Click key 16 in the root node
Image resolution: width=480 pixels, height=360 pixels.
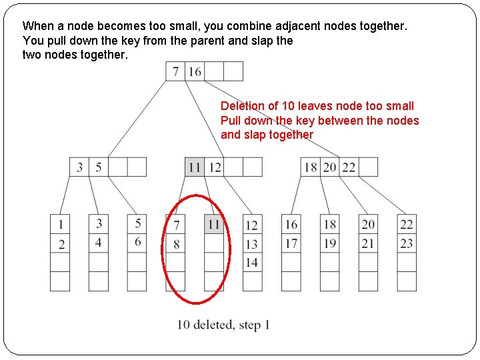(195, 71)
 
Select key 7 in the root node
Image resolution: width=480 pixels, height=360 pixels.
(176, 71)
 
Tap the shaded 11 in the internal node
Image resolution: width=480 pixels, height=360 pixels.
(195, 167)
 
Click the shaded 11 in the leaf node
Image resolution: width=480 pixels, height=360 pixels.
(214, 225)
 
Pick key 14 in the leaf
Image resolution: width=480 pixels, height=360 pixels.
(252, 263)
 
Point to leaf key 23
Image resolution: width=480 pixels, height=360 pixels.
(407, 243)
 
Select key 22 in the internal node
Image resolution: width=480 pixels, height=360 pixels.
(349, 167)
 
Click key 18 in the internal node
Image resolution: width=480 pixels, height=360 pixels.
(311, 167)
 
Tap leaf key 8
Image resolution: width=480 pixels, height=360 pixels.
(176, 244)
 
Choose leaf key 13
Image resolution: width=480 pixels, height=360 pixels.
(252, 244)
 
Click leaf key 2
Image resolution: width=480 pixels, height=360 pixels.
(61, 244)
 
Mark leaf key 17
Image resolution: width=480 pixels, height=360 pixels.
(291, 243)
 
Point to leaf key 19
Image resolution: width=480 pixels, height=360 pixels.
(329, 243)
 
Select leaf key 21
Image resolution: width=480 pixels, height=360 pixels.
(368, 243)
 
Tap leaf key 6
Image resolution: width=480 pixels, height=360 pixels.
(137, 241)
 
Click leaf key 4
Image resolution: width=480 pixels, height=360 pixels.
(99, 241)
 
